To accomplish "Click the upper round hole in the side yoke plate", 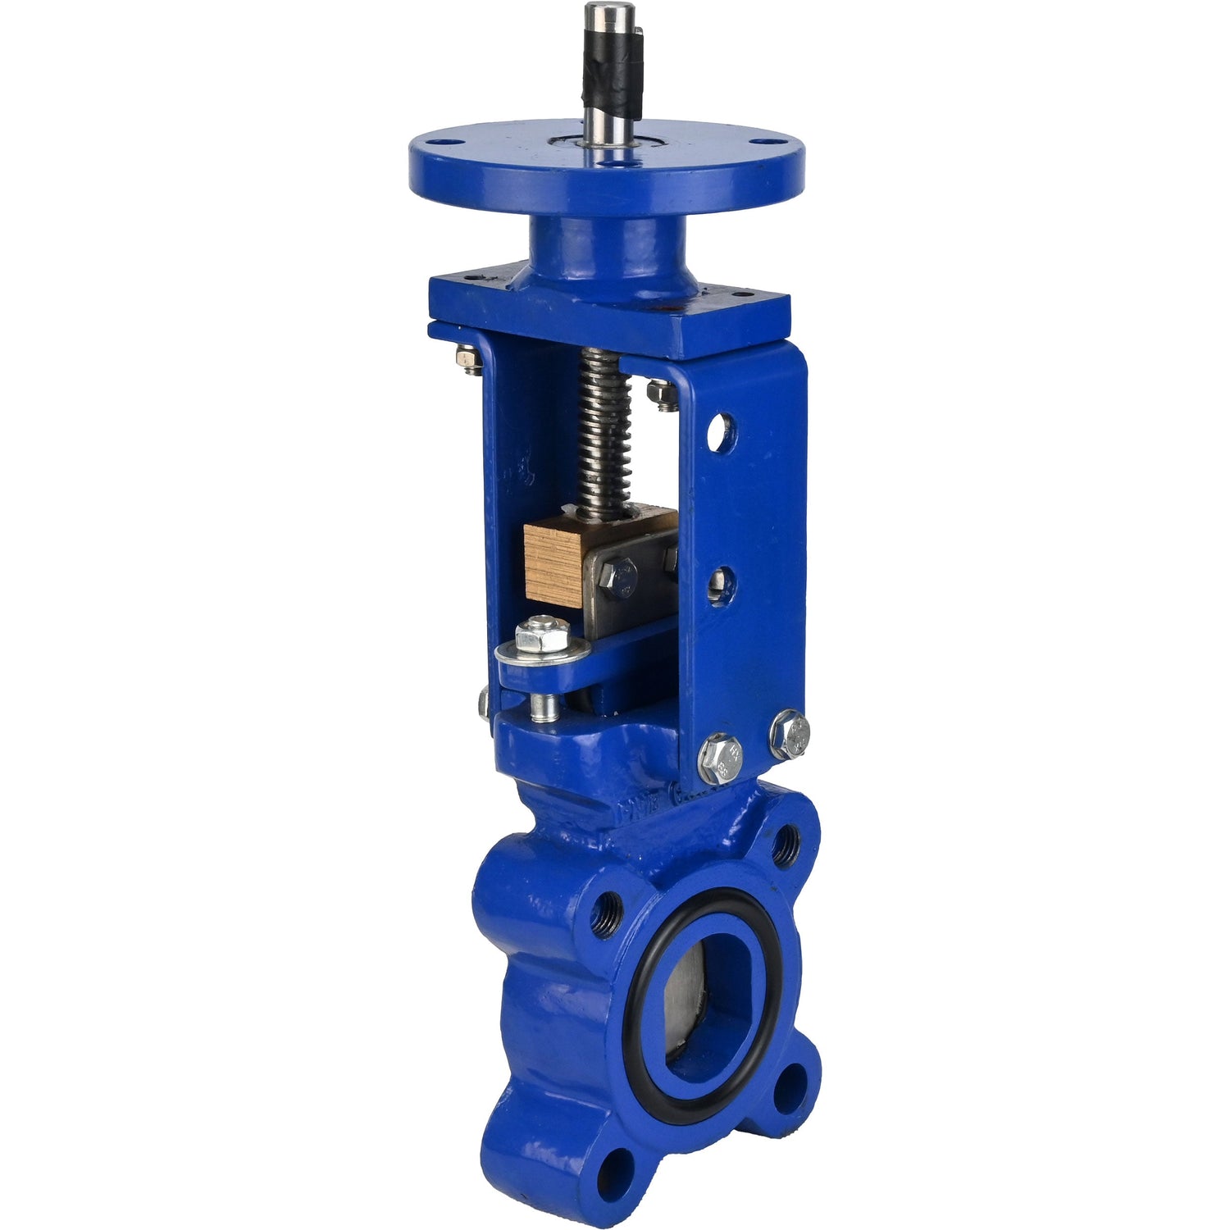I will pyautogui.click(x=721, y=433).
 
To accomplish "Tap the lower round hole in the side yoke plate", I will pyautogui.click(x=721, y=587).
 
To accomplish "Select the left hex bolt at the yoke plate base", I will pyautogui.click(x=721, y=759).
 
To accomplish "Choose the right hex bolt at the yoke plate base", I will pyautogui.click(x=790, y=735).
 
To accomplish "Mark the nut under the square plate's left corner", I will pyautogui.click(x=468, y=360).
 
